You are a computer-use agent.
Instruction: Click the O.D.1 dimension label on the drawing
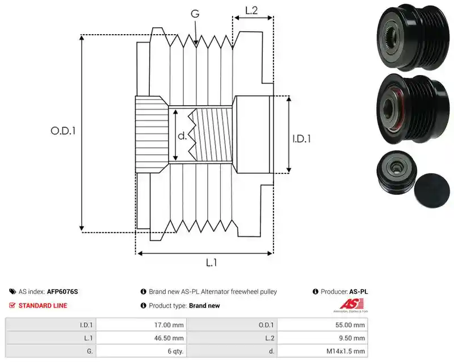63,131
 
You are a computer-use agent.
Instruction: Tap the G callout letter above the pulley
195,13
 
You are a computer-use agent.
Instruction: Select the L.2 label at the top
251,10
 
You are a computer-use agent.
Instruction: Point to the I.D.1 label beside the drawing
301,139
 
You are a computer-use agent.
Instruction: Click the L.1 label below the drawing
211,263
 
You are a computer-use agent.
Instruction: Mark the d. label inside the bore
182,136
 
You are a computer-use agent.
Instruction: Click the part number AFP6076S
62,292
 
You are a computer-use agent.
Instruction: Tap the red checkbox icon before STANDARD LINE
12,305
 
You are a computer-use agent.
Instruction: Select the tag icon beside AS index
12,292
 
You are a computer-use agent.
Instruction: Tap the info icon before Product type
144,306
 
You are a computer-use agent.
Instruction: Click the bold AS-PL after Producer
359,292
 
